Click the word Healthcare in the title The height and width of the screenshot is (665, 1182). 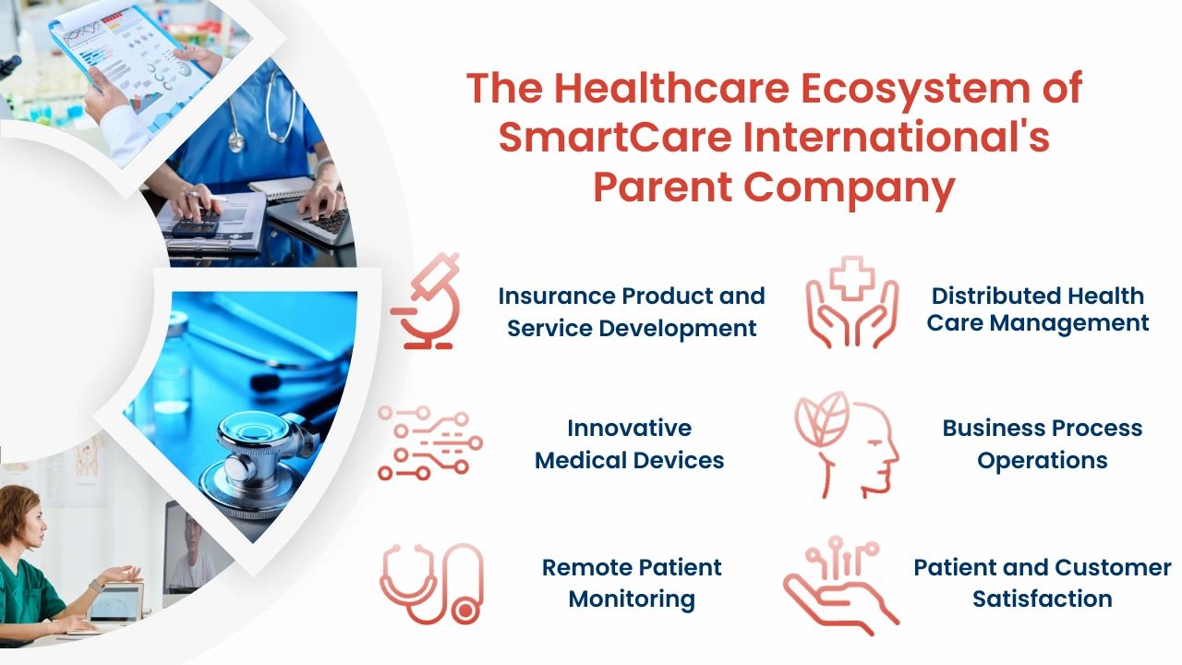pos(671,88)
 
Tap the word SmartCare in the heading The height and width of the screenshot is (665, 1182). pos(615,138)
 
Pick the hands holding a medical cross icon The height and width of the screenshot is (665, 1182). pos(851,302)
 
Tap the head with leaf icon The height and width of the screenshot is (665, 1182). pos(847,444)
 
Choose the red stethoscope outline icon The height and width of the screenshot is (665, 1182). pos(431,584)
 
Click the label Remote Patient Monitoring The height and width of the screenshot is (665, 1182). pos(632,583)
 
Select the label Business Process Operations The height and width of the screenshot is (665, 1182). pos(1043,444)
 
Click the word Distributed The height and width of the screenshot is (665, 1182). pos(1000,296)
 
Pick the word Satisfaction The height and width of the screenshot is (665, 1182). pos(1043,599)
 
